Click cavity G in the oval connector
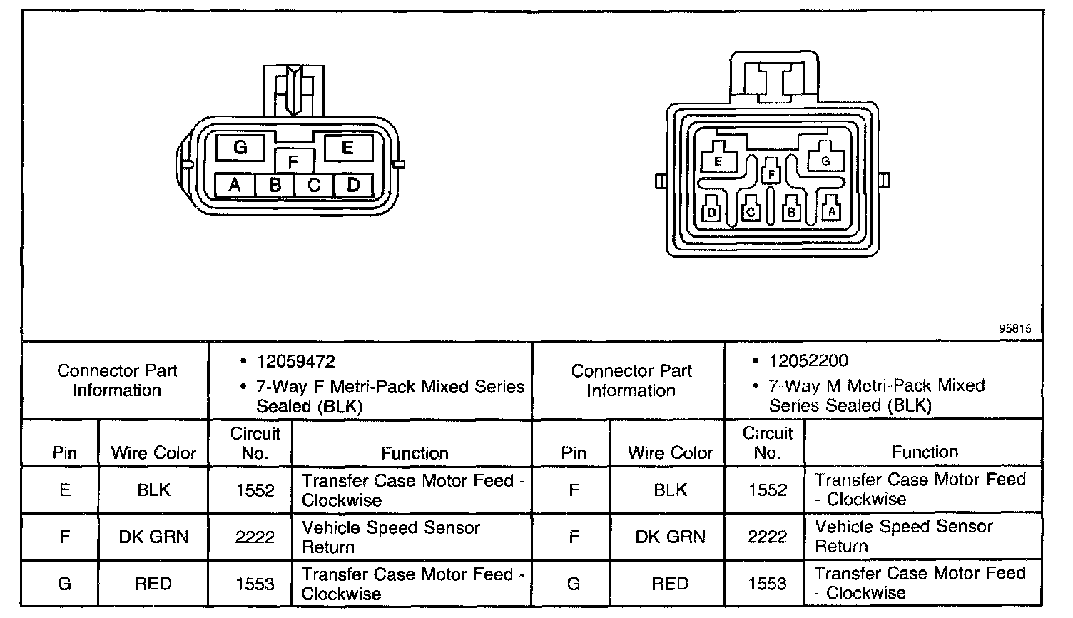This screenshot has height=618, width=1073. pyautogui.click(x=240, y=148)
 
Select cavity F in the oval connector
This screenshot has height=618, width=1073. pyautogui.click(x=293, y=161)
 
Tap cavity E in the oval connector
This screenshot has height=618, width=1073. pyautogui.click(x=348, y=148)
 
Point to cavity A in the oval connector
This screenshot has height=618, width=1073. pyautogui.click(x=235, y=186)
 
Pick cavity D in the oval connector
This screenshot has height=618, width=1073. pyautogui.click(x=353, y=186)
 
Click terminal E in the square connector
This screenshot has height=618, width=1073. pyautogui.click(x=718, y=161)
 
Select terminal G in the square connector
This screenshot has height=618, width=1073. pyautogui.click(x=825, y=161)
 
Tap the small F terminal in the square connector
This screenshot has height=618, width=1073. pyautogui.click(x=771, y=173)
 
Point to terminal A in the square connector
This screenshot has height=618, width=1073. pyautogui.click(x=831, y=211)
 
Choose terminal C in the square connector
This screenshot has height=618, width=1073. pyautogui.click(x=750, y=211)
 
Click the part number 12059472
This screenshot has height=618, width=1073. pyautogui.click(x=296, y=362)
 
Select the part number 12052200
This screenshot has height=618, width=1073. pyautogui.click(x=808, y=361)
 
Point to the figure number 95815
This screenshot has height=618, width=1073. pyautogui.click(x=1014, y=329)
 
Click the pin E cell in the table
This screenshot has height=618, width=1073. pyautogui.click(x=65, y=490)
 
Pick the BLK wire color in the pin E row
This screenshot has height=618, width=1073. pyautogui.click(x=153, y=490)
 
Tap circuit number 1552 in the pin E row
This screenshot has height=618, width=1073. pyautogui.click(x=255, y=490)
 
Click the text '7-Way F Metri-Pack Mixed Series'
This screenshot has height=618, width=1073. pyautogui.click(x=390, y=387)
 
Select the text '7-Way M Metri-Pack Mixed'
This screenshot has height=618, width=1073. pyautogui.click(x=876, y=386)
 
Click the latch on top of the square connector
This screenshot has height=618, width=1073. pyautogui.click(x=774, y=78)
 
